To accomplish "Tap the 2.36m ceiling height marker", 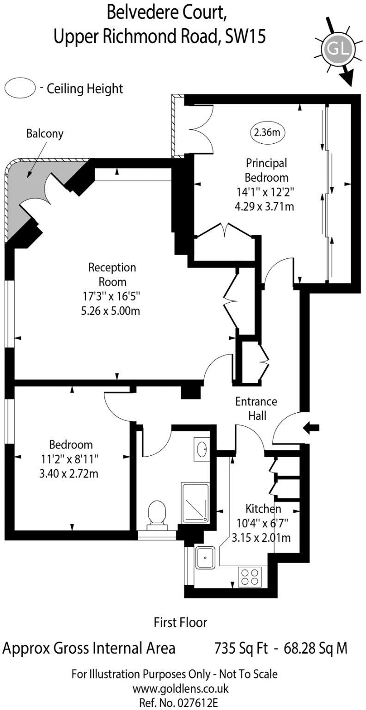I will [x=267, y=133].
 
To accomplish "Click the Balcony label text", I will [x=45, y=134].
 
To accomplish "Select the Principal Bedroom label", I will [x=266, y=170].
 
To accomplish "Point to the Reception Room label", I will [x=112, y=275].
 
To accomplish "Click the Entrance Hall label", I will [x=256, y=408].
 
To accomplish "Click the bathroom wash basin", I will [x=202, y=448].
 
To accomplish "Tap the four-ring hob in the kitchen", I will [x=250, y=576].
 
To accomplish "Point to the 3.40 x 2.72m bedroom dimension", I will [x=72, y=473].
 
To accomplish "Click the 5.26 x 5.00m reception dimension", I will [x=110, y=311].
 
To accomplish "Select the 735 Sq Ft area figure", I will [x=241, y=648].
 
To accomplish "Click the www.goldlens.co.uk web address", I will [x=181, y=688].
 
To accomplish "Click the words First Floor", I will [x=180, y=622].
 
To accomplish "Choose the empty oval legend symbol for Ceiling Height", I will [x=20, y=88].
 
